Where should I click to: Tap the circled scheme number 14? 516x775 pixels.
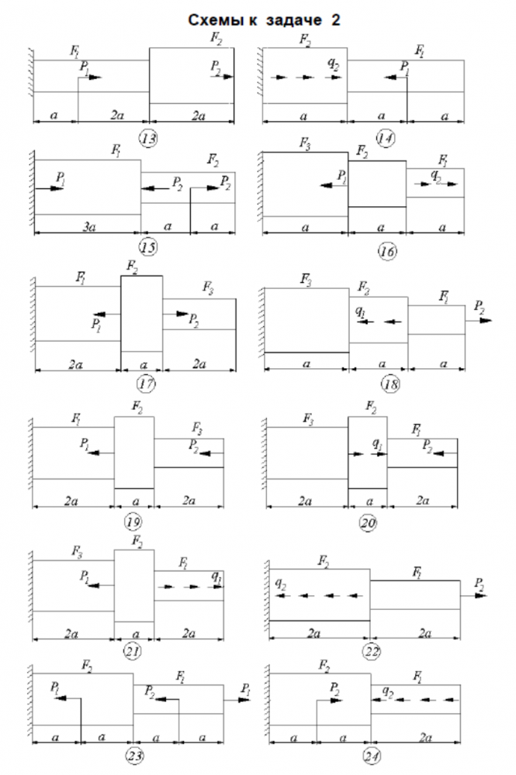385,139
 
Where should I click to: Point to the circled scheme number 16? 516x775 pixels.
386,250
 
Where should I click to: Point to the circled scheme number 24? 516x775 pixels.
369,755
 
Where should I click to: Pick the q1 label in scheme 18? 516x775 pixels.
361,312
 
